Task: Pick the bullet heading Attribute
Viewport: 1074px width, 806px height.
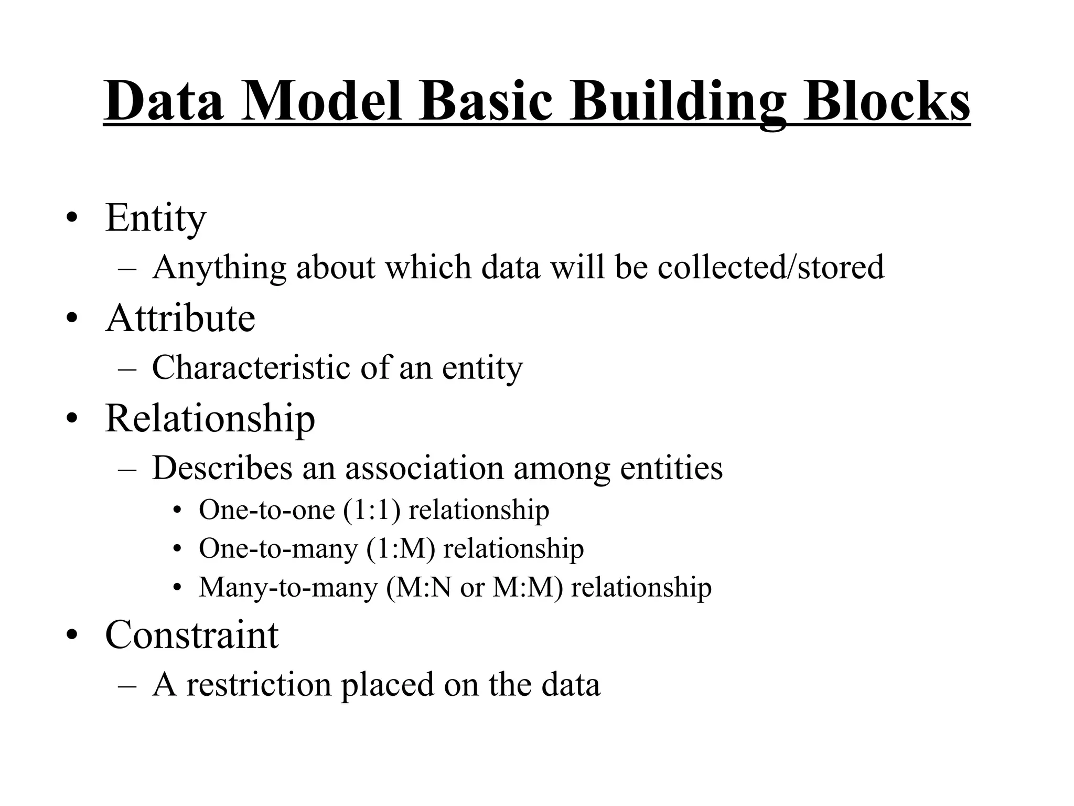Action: tap(180, 318)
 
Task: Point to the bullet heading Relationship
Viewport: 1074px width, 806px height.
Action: tap(210, 419)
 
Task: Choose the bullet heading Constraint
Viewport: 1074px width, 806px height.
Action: tap(191, 635)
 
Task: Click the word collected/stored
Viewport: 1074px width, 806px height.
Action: tap(771, 267)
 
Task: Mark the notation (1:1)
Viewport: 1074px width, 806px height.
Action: tap(371, 510)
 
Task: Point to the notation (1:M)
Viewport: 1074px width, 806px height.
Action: tap(401, 549)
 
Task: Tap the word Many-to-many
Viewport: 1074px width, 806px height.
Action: tap(288, 588)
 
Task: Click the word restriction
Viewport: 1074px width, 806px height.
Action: tap(259, 685)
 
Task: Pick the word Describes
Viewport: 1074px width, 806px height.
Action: tap(222, 468)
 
